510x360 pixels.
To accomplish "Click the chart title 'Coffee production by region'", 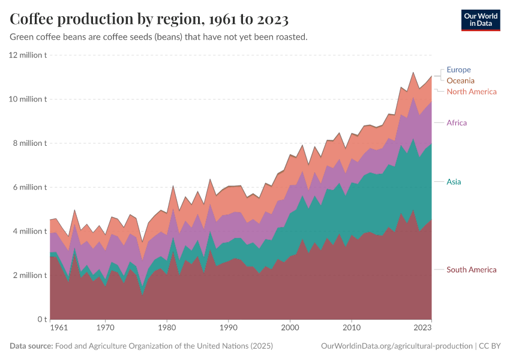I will point(149,19).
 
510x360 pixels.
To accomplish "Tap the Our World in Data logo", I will point(480,20).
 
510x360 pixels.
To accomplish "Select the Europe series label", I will point(458,70).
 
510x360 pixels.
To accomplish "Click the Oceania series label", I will point(460,80).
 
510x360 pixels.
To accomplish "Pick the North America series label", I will point(472,92).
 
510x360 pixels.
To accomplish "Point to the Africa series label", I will point(457,123).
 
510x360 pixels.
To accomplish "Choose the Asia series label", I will point(454,181).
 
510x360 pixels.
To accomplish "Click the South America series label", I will point(471,269).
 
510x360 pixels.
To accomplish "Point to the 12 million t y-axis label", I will point(28,55).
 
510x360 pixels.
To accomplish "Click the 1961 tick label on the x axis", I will point(59,328).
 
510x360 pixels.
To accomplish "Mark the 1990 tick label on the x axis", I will point(228,328).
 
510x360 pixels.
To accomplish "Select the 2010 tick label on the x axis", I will point(351,328).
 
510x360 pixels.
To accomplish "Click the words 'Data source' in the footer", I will point(31,346).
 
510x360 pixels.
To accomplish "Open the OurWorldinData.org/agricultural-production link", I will point(397,346).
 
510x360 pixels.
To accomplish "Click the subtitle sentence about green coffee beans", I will point(159,37).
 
